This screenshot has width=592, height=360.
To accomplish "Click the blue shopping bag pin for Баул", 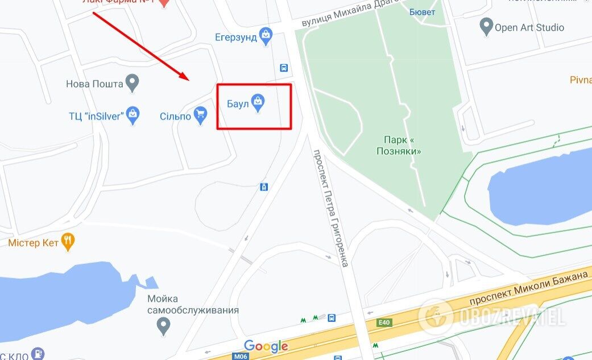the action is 258,103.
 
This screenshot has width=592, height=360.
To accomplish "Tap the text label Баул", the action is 238,105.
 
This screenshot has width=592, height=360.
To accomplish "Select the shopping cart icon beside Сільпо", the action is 200,115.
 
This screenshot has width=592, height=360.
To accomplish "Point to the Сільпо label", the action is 175,116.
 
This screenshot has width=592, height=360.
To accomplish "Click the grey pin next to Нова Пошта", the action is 133,83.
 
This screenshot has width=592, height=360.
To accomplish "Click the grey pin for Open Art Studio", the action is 486,26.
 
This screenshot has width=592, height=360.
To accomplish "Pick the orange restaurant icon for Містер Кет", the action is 68,242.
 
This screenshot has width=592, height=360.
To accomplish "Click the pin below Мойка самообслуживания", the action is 164,326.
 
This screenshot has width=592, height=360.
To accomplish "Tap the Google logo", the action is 266,346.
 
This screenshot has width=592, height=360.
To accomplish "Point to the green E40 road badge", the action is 384,322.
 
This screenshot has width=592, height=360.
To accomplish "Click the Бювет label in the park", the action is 422,12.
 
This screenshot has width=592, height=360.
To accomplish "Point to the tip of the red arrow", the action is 188,80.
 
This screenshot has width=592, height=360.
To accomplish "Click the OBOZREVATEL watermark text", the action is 512,317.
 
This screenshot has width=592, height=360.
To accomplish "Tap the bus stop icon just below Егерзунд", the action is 284,68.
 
